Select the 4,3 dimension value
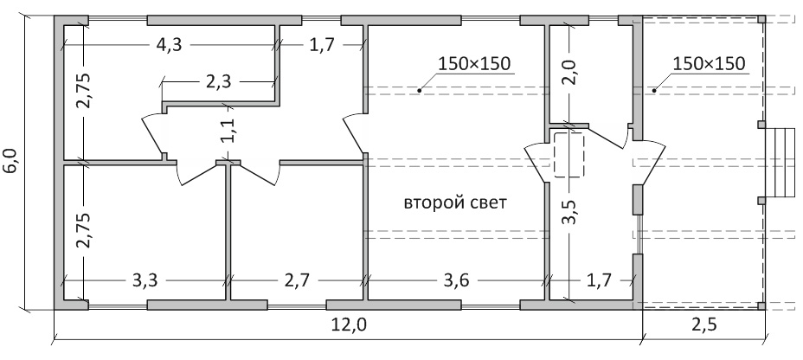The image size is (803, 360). [169, 45]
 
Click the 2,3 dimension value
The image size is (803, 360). [219, 81]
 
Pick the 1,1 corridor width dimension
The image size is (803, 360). [229, 130]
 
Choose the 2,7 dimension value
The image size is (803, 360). [297, 280]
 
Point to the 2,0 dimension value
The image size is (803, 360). [570, 72]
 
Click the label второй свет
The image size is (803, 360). [455, 202]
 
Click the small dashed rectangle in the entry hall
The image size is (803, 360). [569, 155]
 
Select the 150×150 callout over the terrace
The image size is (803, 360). [709, 63]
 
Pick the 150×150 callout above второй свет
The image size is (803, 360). [475, 63]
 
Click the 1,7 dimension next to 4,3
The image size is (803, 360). [322, 45]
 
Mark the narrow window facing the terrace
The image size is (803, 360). [638, 234]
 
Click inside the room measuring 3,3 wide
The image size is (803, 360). [145, 230]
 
